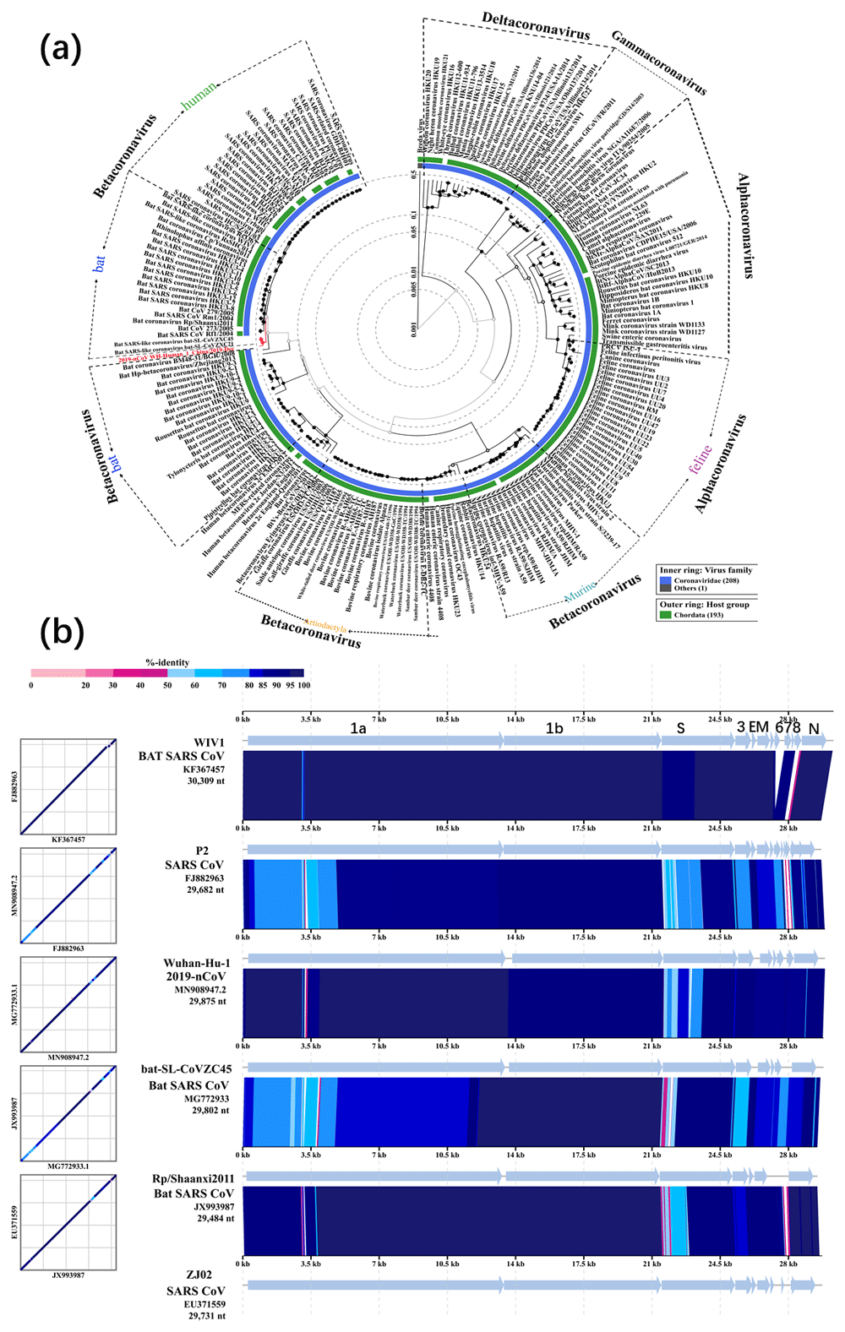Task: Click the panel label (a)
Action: (x=61, y=50)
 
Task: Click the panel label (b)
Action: (x=61, y=632)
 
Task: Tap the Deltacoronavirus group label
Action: (x=536, y=25)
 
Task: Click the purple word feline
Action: (x=701, y=460)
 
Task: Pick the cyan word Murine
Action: (x=581, y=590)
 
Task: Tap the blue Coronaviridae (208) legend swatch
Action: (x=666, y=582)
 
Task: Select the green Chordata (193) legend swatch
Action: (x=666, y=615)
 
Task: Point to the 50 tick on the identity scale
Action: (x=167, y=685)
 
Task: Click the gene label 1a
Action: (x=358, y=728)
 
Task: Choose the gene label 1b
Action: (x=554, y=728)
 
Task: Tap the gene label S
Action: (x=680, y=728)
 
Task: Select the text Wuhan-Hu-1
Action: (x=196, y=963)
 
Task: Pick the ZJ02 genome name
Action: (x=199, y=1275)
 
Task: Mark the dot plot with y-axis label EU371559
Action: (x=68, y=1221)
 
